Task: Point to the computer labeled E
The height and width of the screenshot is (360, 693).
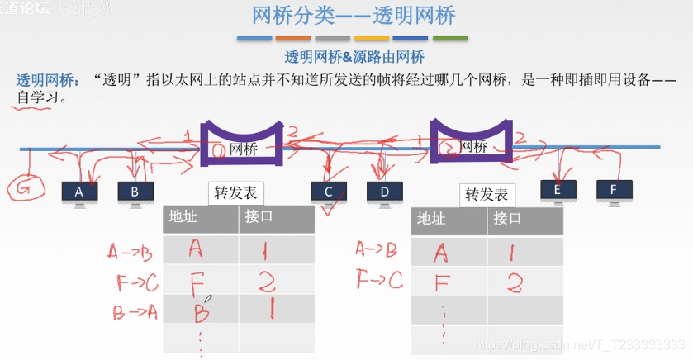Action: click(558, 191)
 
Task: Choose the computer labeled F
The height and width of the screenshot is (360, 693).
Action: click(614, 191)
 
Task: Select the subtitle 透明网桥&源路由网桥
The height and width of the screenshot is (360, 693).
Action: click(354, 57)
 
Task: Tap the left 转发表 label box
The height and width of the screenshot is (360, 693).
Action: click(235, 193)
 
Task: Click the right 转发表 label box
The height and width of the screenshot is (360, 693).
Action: click(487, 196)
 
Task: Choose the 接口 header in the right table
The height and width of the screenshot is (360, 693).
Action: click(508, 220)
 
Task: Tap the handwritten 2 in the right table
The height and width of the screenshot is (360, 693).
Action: click(514, 283)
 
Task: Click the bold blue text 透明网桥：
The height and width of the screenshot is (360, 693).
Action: click(48, 82)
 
